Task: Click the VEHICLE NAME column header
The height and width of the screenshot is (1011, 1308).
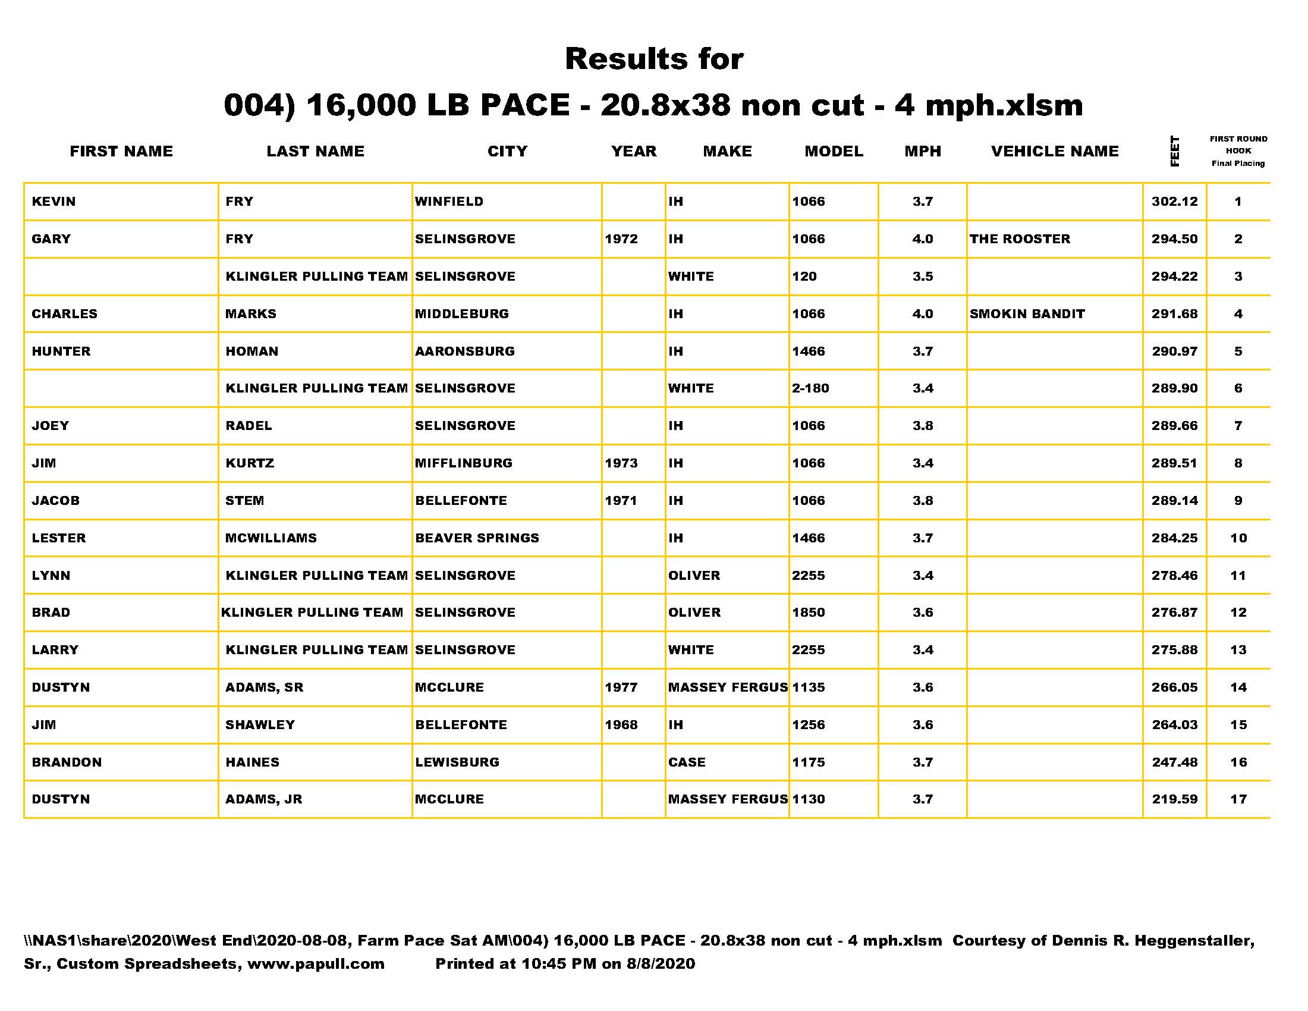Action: point(1054,151)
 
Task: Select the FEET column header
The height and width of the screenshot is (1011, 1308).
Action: point(1174,151)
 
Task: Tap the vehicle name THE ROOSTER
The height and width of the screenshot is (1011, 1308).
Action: point(1019,239)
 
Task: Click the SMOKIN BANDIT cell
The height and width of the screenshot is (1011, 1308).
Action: point(1027,314)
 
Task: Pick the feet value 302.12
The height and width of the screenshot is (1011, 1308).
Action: point(1174,202)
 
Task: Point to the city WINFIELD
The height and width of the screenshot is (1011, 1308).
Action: point(448,202)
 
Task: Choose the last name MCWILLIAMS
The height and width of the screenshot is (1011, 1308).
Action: point(271,538)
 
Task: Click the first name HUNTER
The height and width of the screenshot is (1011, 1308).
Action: point(61,351)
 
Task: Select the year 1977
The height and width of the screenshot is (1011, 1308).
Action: point(621,687)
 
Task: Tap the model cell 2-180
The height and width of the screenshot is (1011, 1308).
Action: point(810,388)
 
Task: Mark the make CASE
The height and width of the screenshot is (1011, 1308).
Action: point(686,762)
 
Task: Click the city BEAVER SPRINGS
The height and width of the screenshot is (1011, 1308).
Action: point(477,538)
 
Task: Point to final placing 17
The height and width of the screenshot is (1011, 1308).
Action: point(1238,799)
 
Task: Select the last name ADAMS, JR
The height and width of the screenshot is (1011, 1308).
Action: point(263,799)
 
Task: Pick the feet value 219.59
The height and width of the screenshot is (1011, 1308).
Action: point(1174,799)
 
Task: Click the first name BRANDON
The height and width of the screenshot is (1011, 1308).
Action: point(67,762)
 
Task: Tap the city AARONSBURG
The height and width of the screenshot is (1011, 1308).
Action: point(465,351)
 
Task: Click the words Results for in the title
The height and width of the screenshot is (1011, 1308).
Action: point(654,59)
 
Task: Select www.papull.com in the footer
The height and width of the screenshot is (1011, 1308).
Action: point(316,963)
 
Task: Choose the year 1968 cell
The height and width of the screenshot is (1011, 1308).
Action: point(621,725)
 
